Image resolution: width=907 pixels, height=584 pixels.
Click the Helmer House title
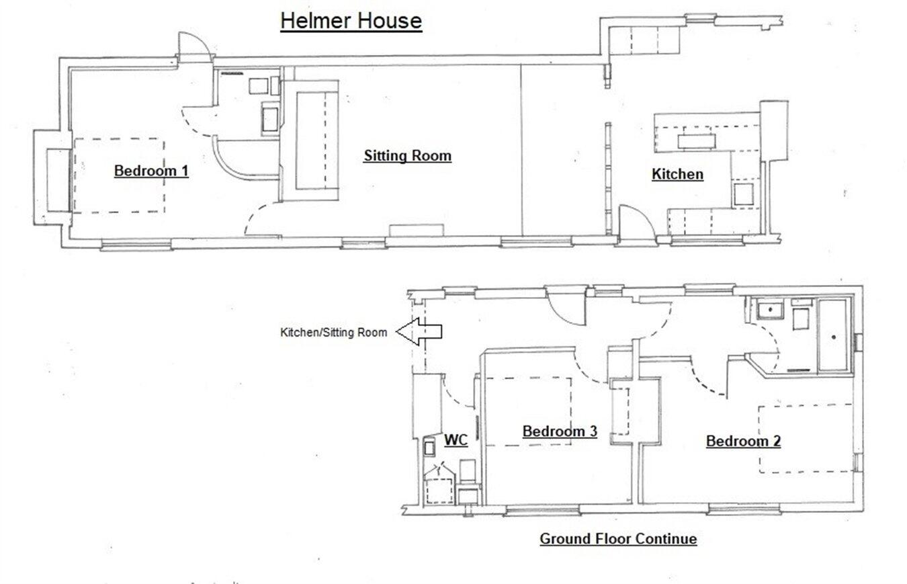tap(351, 21)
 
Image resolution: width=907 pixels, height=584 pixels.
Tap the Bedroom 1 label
tap(151, 171)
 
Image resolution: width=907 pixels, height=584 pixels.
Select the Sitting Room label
tap(407, 156)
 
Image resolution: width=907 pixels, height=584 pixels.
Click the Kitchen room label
tap(677, 175)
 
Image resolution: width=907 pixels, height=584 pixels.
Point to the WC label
tap(456, 440)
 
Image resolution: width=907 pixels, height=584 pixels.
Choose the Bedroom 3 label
tap(560, 431)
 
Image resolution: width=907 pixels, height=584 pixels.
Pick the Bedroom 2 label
tap(743, 442)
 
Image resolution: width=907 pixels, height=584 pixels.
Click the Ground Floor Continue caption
tap(618, 539)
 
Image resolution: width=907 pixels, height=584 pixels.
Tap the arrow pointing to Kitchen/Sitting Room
tap(419, 331)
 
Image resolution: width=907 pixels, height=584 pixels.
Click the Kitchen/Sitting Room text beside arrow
tap(333, 332)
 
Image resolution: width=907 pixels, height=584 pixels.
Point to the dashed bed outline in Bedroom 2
tap(806, 438)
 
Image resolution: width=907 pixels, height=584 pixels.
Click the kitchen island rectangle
tap(697, 141)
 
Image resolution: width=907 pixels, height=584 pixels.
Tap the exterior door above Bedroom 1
tap(190, 48)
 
